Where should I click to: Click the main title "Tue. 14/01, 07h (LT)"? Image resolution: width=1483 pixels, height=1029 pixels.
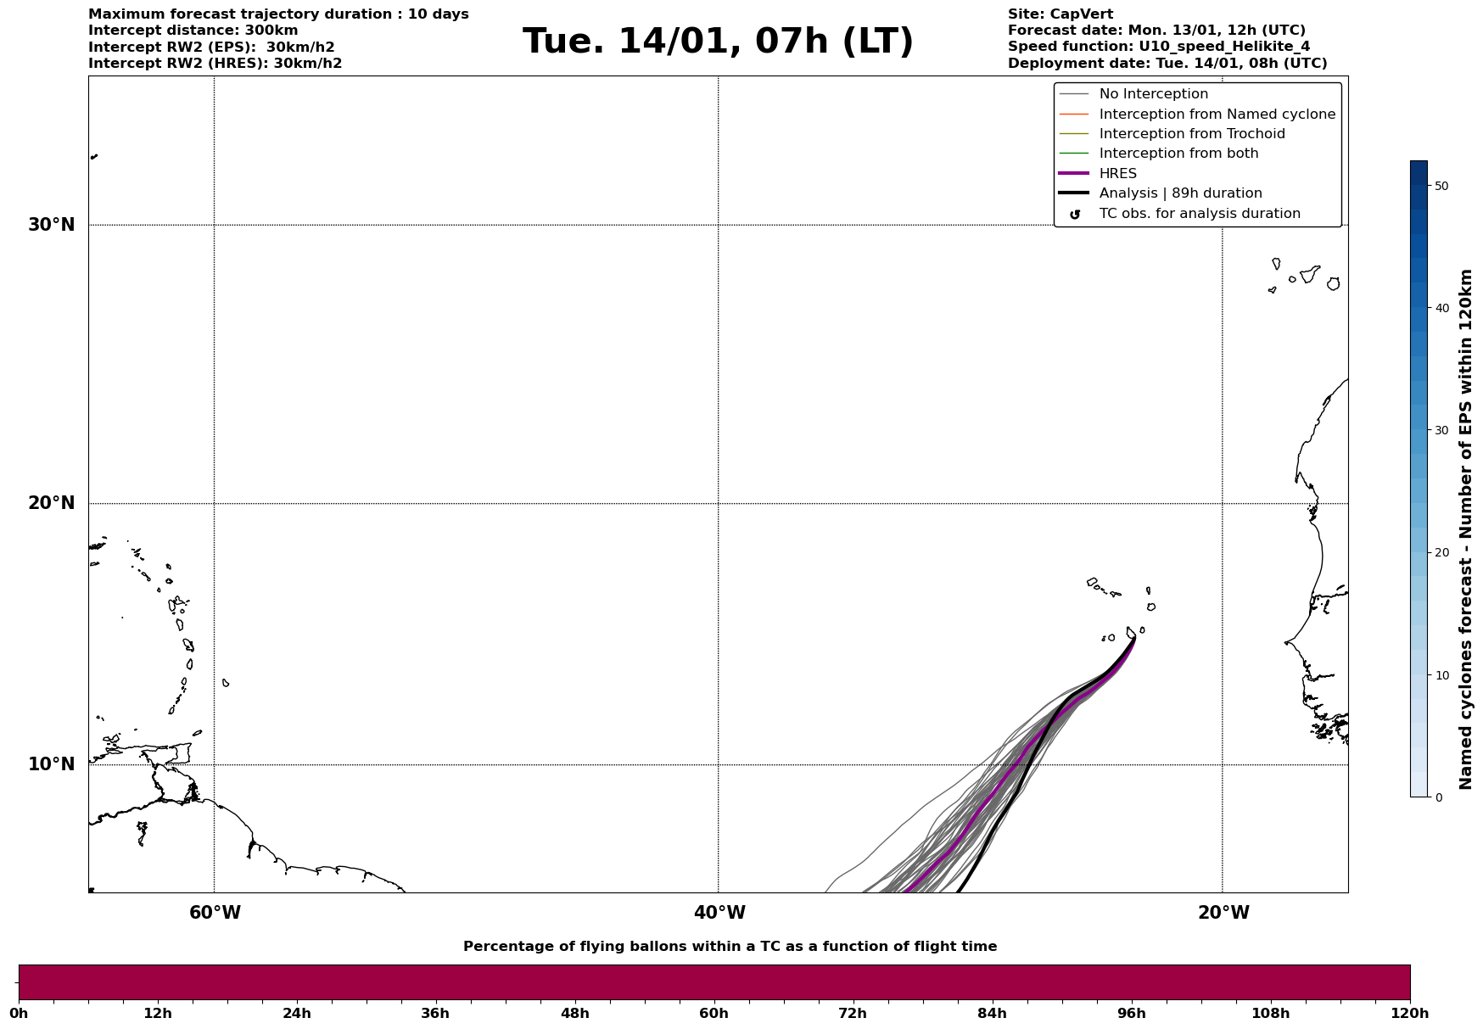tap(718, 42)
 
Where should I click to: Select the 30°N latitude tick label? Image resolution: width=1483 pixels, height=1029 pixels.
tap(52, 225)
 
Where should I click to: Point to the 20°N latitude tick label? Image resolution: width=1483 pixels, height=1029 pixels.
tap(52, 503)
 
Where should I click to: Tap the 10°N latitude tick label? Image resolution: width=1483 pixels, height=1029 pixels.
tap(52, 764)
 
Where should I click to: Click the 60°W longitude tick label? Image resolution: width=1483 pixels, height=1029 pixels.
tap(215, 913)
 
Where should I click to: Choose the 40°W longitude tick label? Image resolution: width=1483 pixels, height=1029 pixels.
tap(719, 913)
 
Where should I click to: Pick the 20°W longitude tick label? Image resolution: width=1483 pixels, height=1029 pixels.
tap(1223, 913)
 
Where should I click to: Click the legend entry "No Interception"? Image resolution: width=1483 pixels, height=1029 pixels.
tap(1153, 94)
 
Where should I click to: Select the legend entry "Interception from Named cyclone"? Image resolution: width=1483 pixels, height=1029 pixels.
tap(1217, 115)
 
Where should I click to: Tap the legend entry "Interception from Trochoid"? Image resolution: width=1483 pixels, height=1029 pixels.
tap(1191, 134)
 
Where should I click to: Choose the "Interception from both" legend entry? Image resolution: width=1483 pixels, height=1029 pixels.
tap(1178, 154)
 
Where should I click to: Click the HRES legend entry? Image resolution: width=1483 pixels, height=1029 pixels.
tap(1117, 174)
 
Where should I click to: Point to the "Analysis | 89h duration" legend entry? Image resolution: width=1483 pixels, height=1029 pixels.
tap(1180, 193)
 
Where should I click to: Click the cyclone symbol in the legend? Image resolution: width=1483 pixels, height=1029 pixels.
tap(1075, 215)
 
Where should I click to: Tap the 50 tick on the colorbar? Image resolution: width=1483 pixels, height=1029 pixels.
tap(1441, 186)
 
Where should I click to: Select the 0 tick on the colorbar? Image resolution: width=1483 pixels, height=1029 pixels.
tap(1438, 797)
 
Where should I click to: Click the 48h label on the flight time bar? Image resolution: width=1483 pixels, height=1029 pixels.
tap(574, 1014)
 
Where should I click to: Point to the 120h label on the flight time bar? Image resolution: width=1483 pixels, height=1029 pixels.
tap(1410, 1014)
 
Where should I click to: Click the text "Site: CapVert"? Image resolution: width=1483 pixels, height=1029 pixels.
tap(1060, 14)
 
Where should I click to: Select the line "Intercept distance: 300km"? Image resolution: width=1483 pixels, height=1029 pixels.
tap(193, 31)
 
